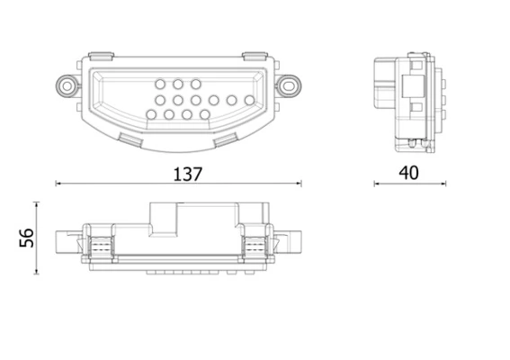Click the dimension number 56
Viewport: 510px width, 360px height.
[x=27, y=237]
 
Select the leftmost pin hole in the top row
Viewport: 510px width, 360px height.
[x=158, y=85]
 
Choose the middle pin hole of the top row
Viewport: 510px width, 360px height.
[x=177, y=85]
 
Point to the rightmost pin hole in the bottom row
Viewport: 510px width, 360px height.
[x=204, y=115]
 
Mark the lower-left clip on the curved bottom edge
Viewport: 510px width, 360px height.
[x=130, y=138]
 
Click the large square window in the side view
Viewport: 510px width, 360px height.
[x=416, y=87]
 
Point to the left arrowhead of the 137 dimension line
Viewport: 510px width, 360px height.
[x=59, y=184]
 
